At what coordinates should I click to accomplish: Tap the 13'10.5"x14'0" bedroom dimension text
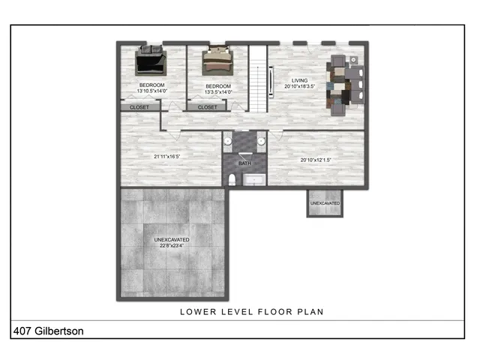151,92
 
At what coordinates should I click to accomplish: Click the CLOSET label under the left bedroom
139,107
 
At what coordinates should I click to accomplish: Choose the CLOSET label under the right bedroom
208,107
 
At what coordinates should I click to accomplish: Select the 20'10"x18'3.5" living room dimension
299,85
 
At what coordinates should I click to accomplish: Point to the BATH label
245,163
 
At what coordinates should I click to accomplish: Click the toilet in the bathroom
232,179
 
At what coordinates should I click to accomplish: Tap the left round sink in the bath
227,140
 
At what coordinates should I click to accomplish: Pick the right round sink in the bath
260,140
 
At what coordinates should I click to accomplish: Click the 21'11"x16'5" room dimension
166,156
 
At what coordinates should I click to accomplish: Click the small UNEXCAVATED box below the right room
325,203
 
